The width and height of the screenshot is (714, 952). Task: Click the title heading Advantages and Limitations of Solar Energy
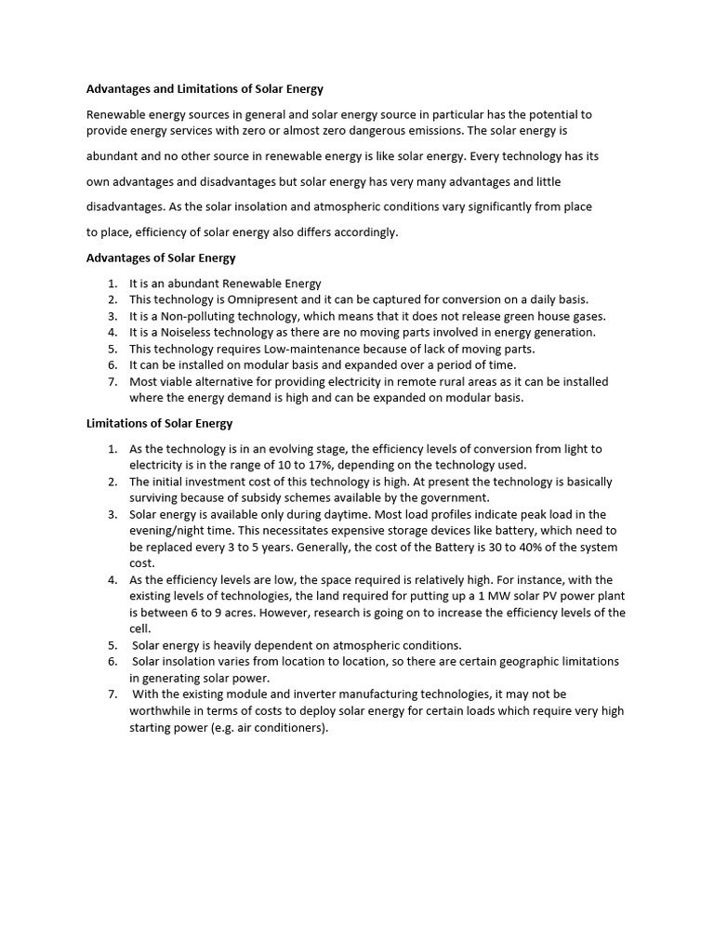(205, 89)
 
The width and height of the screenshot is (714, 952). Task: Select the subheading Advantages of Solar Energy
(161, 258)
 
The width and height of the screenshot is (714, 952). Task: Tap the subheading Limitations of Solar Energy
(159, 423)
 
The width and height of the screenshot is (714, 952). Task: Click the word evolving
(298, 448)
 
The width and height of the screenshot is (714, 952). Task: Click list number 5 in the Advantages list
(112, 349)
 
